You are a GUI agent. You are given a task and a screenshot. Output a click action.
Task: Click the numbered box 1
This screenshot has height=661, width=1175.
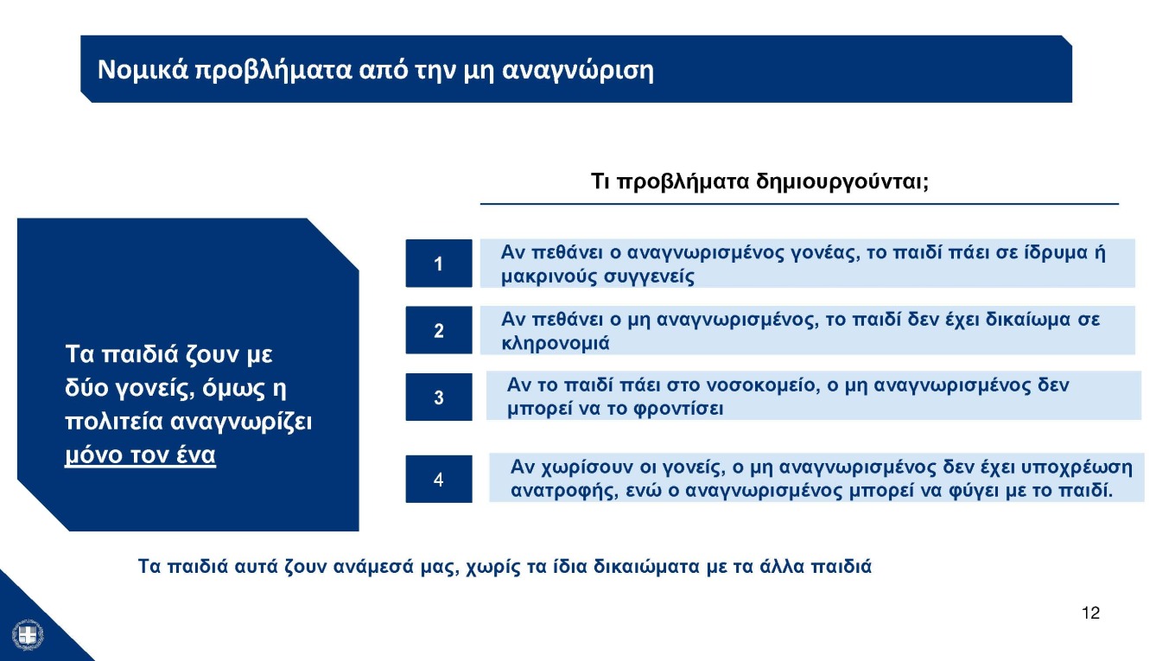click(439, 263)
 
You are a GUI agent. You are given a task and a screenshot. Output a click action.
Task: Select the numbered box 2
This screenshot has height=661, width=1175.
click(439, 330)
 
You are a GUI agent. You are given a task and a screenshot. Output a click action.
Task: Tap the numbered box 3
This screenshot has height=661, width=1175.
click(439, 397)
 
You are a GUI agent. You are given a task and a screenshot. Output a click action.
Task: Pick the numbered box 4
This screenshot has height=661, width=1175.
click(439, 479)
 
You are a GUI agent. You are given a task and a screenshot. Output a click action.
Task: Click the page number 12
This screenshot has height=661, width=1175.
click(1090, 613)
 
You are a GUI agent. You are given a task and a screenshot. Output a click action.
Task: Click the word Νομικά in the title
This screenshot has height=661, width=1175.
click(141, 70)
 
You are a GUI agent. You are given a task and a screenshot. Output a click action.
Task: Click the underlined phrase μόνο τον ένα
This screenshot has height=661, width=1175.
click(141, 455)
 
